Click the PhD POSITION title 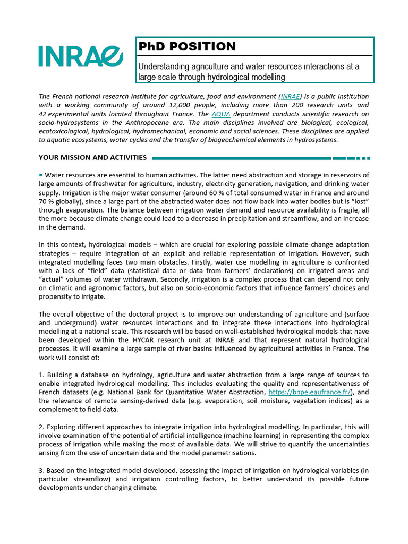pyautogui.click(x=187, y=47)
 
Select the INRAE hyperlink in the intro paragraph pyautogui.click(x=291, y=96)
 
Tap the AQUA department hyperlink pyautogui.click(x=220, y=114)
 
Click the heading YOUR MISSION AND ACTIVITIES pyautogui.click(x=93, y=158)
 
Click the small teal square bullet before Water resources pyautogui.click(x=41, y=174)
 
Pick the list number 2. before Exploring pyautogui.click(x=41, y=426)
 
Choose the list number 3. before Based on pyautogui.click(x=41, y=470)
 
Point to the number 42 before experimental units pyautogui.click(x=43, y=114)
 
